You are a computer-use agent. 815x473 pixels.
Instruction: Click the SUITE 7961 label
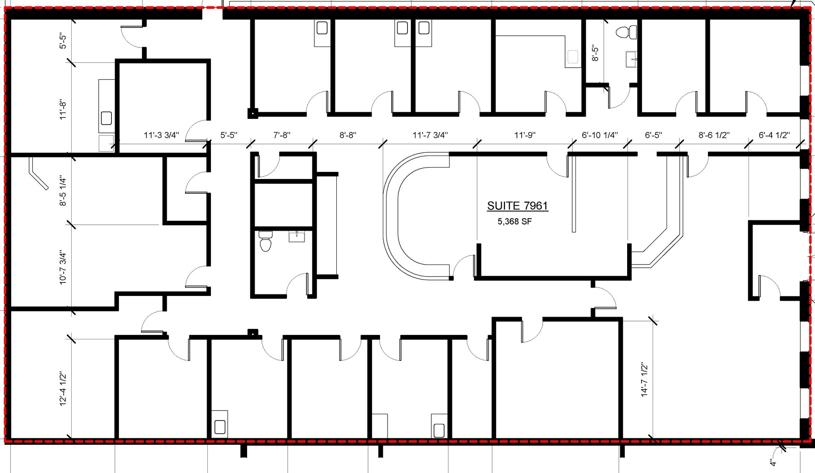point(518,206)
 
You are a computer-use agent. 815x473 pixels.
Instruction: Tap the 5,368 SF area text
point(515,222)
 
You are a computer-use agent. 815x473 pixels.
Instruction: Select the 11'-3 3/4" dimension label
point(162,135)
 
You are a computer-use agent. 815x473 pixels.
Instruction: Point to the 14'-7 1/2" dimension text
point(645,379)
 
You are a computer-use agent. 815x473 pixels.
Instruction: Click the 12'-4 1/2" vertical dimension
point(63,389)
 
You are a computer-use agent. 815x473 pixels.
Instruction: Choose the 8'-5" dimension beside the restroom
point(595,53)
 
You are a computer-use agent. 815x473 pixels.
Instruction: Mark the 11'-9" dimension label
point(525,135)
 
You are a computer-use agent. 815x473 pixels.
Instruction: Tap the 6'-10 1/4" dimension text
point(600,135)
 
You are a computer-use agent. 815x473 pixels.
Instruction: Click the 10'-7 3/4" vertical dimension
point(63,267)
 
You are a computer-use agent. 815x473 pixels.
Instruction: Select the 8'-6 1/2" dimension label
point(714,135)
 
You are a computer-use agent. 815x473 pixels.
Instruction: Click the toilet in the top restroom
point(626,32)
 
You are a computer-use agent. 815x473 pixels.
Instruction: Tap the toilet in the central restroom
point(265,241)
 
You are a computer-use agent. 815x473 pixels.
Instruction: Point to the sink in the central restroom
point(297,237)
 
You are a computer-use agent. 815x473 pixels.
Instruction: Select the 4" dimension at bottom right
point(772,463)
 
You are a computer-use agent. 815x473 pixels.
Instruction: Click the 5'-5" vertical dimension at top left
point(63,41)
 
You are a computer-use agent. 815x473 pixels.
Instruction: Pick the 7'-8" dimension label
point(282,135)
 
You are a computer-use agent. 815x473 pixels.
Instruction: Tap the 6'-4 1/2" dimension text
point(774,135)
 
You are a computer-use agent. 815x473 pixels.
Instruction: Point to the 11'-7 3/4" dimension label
point(430,135)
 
